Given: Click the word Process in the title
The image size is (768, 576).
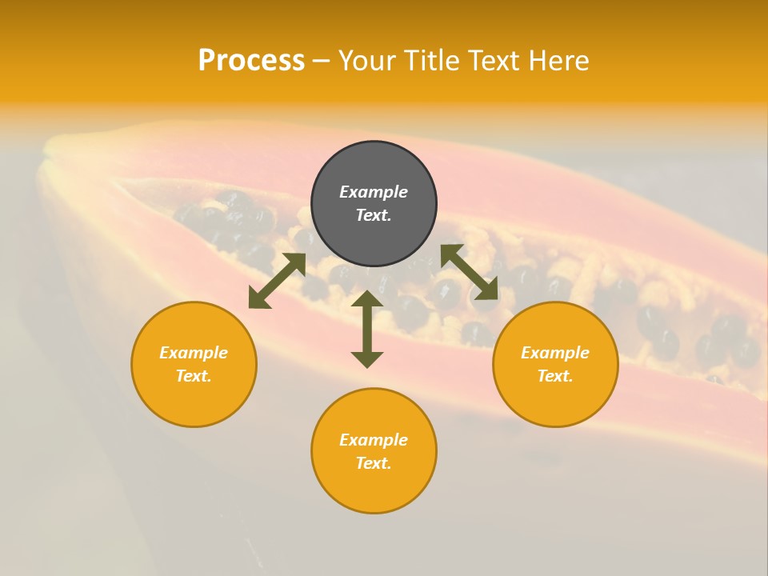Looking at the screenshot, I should [251, 61].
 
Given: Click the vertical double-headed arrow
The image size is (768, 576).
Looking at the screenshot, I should [367, 329].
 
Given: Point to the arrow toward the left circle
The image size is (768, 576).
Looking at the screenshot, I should [277, 281].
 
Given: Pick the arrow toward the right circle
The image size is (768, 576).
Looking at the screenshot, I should [469, 272].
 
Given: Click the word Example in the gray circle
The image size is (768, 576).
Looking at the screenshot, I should [374, 192].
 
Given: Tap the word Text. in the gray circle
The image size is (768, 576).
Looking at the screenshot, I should [374, 215].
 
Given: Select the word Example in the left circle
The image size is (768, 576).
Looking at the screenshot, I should [194, 353].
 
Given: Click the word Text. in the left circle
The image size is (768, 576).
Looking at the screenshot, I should [194, 376].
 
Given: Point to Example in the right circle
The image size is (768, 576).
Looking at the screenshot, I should [555, 353].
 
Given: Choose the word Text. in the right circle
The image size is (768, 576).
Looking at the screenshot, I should [555, 376].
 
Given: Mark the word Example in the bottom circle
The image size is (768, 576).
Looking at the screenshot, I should [374, 440].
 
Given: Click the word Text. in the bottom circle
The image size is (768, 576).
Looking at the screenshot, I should [374, 463].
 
